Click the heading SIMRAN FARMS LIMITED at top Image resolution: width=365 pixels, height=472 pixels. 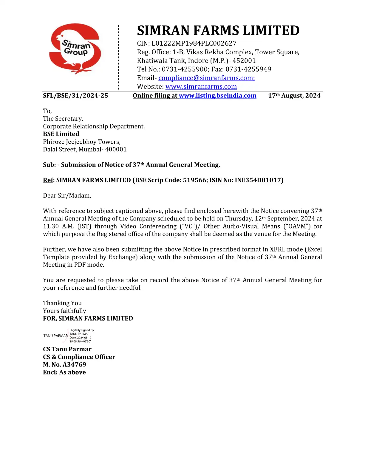tap(218, 31)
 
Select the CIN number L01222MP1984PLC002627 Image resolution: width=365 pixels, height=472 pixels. tap(194, 44)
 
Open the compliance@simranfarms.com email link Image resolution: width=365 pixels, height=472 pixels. tap(206, 78)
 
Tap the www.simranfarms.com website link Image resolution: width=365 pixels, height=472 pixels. tap(201, 87)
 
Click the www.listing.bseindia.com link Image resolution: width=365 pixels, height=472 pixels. tap(217, 96)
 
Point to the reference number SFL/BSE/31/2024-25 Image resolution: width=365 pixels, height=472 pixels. tap(75, 96)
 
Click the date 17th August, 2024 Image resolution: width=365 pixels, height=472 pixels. tap(294, 96)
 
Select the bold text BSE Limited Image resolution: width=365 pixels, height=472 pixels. tap(61, 134)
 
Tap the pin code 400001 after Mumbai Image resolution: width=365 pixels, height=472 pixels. tap(116, 150)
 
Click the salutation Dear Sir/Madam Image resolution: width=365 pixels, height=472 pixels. tap(67, 196)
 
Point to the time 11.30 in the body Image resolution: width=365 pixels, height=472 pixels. tap(51, 226)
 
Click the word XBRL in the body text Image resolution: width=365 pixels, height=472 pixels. tap(278, 249)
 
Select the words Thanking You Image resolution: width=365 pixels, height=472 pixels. tap(62, 303)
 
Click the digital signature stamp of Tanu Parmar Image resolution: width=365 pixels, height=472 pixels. tap(69, 336)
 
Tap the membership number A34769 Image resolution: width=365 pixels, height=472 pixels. tap(74, 365)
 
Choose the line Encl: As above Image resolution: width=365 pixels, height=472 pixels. tap(64, 372)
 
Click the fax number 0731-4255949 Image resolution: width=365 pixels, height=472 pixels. tap(248, 69)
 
